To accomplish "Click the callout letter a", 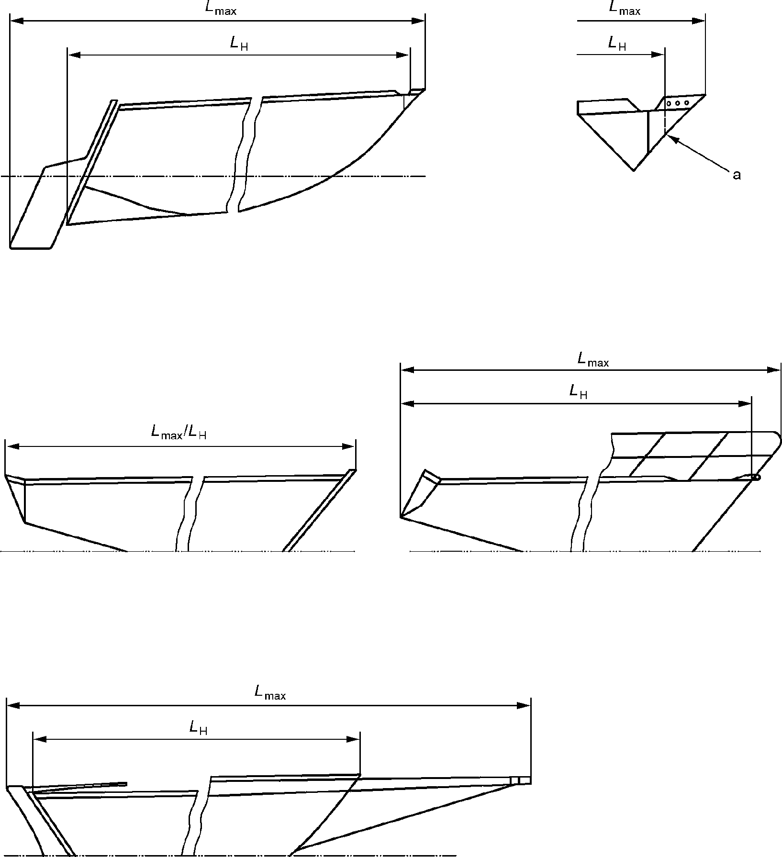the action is tap(737, 176).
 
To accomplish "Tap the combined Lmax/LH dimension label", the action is tap(179, 432).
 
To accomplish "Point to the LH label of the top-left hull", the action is tap(239, 44).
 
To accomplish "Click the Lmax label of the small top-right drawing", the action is tap(625, 8).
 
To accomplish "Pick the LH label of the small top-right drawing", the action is tap(617, 44).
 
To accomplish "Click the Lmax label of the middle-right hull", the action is tap(593, 359).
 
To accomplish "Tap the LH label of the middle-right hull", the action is tap(578, 392).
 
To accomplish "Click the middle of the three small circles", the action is tap(678, 103).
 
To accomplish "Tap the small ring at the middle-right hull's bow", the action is tap(756, 477).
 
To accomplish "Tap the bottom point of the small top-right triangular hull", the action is tap(634, 170).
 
